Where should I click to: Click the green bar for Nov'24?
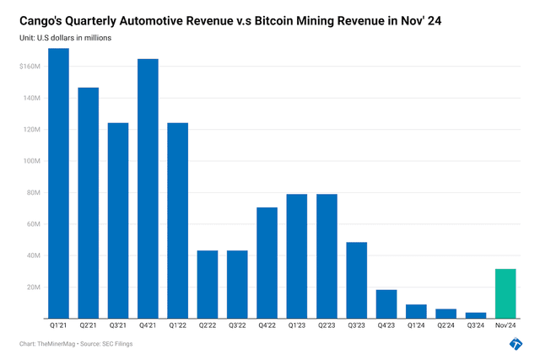tap(505, 293)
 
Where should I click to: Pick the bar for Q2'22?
tap(208, 284)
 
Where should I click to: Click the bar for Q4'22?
tap(267, 262)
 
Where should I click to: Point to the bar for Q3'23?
tap(356, 280)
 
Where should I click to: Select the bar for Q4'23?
tap(386, 304)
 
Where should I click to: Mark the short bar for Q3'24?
tap(475, 315)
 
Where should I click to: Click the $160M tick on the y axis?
tap(30, 67)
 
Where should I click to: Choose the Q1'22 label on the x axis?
tap(177, 325)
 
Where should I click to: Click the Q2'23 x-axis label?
tap(327, 325)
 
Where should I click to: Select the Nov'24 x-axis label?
tap(505, 325)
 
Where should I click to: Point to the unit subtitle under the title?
tap(65, 38)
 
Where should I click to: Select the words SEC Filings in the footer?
tap(119, 344)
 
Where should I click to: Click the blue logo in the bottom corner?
tap(516, 343)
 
